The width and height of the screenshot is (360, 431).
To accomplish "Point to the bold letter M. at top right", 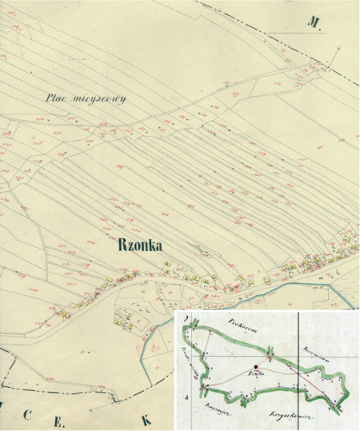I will (x=314, y=22).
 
